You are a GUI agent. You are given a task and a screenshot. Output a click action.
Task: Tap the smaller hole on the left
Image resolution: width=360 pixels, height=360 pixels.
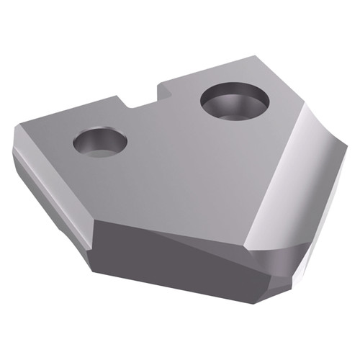[100, 142]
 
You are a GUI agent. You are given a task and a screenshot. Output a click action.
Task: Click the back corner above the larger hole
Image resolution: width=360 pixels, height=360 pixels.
[256, 56]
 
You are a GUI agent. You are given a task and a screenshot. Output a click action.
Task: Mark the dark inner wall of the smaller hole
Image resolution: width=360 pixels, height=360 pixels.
[94, 137]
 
